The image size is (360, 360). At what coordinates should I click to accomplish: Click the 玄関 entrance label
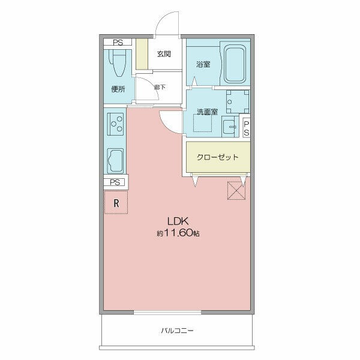click(x=164, y=54)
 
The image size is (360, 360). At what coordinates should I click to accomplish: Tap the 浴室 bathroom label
click(x=203, y=64)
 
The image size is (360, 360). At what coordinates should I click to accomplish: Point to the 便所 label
click(x=118, y=89)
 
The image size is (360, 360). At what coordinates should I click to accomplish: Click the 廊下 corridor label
click(x=160, y=87)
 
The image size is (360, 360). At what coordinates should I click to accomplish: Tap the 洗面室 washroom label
click(x=208, y=112)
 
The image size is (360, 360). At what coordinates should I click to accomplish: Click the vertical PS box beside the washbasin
click(x=246, y=128)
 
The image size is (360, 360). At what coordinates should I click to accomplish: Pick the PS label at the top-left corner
click(x=118, y=42)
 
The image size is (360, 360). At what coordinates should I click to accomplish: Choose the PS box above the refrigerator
click(x=115, y=182)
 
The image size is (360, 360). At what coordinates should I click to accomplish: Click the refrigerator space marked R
click(x=116, y=203)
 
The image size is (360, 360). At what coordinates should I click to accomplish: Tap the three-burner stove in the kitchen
click(x=115, y=124)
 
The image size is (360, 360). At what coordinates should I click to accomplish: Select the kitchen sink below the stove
click(x=115, y=161)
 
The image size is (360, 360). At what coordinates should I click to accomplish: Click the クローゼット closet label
click(x=218, y=157)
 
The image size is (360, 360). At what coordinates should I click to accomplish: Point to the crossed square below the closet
click(x=236, y=191)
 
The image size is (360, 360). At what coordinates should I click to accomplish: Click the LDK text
click(x=178, y=221)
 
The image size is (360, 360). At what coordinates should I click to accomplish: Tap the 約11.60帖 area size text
click(x=178, y=233)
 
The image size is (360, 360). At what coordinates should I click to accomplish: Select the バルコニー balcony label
click(x=177, y=331)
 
